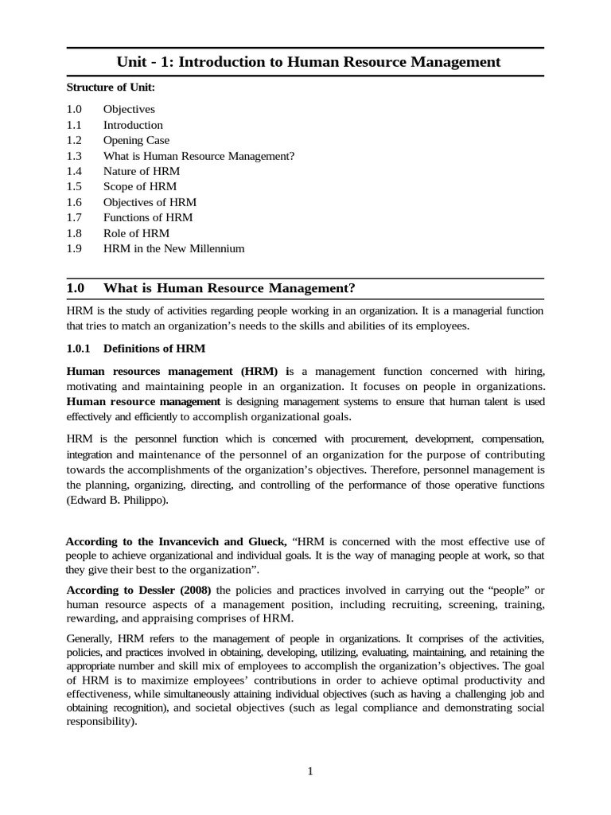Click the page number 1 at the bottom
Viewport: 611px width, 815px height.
pos(310,771)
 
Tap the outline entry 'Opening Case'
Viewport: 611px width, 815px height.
pos(136,140)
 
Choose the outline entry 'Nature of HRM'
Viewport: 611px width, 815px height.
pos(142,171)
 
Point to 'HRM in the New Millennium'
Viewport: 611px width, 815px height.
pos(173,248)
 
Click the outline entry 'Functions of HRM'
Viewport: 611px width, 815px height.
pos(148,217)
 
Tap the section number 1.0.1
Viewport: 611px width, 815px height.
pos(80,348)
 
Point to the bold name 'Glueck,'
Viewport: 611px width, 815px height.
pos(267,541)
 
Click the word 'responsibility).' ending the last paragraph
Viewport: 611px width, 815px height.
pos(102,722)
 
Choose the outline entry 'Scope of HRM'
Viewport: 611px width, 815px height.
pos(140,186)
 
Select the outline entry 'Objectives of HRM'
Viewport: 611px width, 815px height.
pos(150,202)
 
